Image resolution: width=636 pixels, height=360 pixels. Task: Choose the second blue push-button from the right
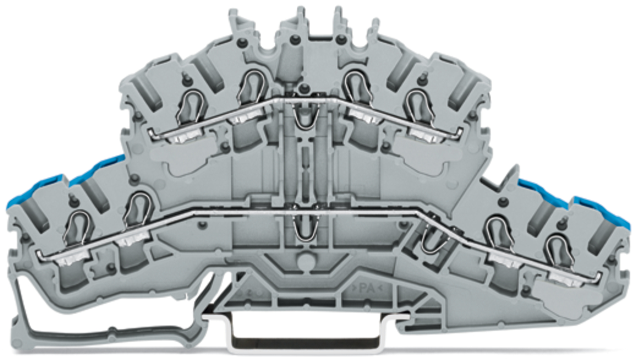[542, 193]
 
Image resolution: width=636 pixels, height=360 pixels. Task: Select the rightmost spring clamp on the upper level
[420, 107]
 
